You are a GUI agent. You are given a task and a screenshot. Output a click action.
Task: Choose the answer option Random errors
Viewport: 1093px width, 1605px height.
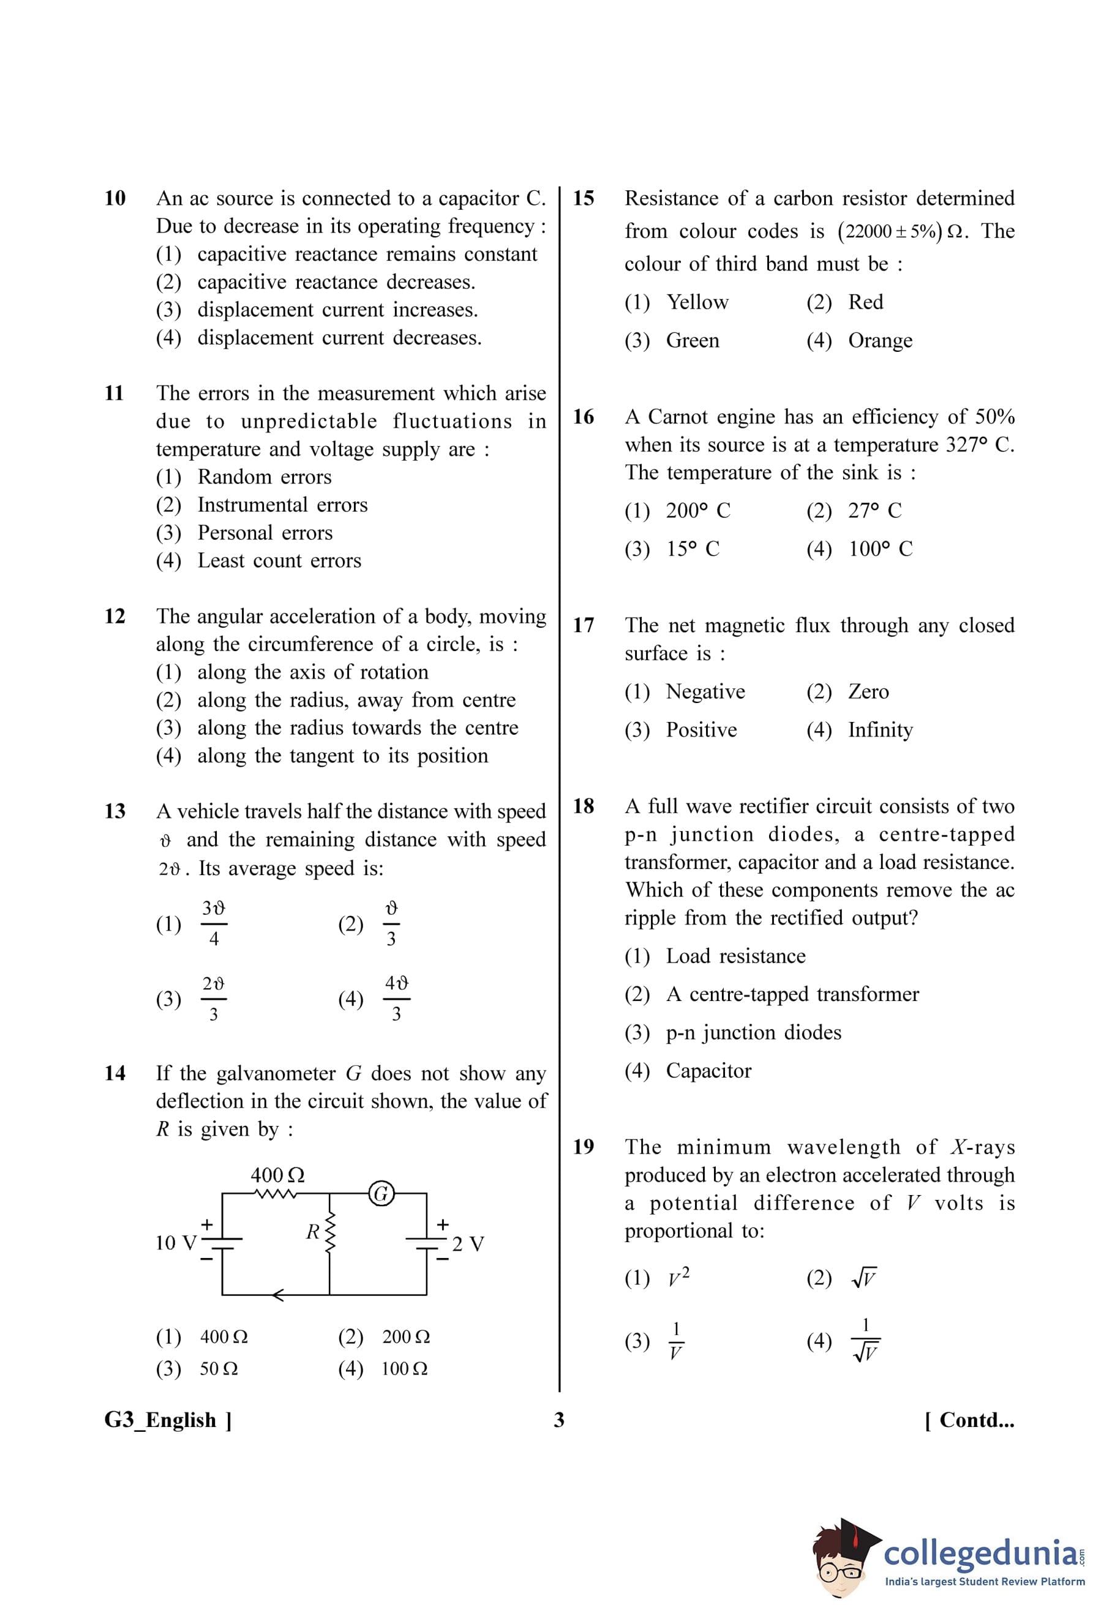pos(264,477)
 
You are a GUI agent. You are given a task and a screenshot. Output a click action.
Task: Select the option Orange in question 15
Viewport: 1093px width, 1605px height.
pos(879,340)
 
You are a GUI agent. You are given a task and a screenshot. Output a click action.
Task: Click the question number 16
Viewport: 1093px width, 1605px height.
pos(583,417)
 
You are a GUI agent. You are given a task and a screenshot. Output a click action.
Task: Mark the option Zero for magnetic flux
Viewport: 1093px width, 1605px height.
pos(868,691)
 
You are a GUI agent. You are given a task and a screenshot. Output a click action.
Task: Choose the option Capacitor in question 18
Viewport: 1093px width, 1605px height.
pos(708,1070)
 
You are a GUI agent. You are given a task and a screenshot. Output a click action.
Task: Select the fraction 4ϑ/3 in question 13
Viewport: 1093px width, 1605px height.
pos(396,999)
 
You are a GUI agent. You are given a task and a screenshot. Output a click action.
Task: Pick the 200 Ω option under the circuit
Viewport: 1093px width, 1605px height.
pos(405,1336)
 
